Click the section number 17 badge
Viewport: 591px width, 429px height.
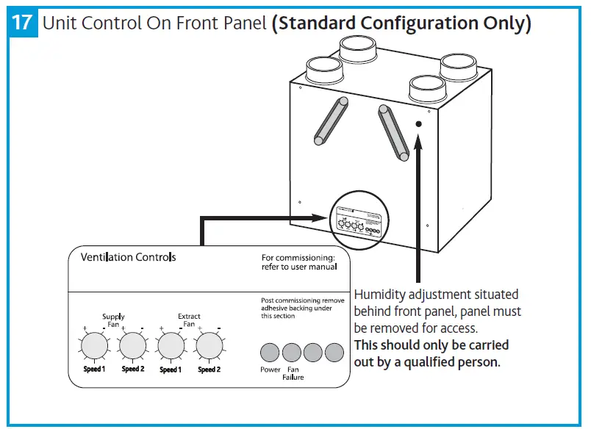click(24, 23)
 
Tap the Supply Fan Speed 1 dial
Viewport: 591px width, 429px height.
click(93, 344)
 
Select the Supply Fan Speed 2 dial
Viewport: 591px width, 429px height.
click(132, 344)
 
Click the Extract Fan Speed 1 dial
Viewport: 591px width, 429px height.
click(171, 344)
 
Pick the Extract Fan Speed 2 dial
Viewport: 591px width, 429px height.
click(209, 344)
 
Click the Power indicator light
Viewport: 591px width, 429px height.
click(271, 352)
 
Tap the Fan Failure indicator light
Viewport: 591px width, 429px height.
click(292, 352)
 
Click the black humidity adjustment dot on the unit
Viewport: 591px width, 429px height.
click(418, 125)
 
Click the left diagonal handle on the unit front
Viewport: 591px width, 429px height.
click(331, 120)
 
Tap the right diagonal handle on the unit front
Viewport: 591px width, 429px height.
click(393, 131)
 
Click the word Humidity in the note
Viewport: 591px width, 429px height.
click(381, 295)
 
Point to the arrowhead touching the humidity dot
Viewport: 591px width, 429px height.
click(418, 141)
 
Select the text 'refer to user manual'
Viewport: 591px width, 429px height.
click(299, 267)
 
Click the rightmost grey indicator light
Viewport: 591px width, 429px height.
click(334, 352)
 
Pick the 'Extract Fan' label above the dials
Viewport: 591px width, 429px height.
click(189, 320)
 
